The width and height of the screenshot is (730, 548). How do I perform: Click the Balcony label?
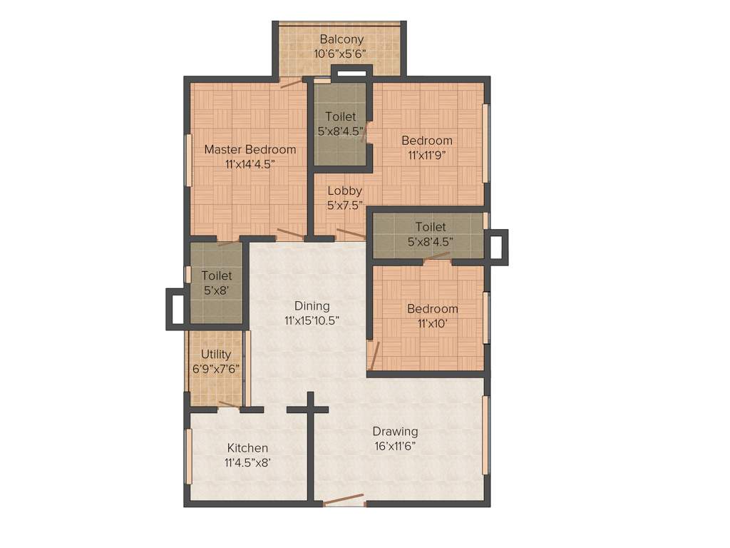pos(342,39)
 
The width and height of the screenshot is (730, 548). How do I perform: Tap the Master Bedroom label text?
pos(250,149)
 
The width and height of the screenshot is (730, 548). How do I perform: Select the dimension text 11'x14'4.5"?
pos(250,163)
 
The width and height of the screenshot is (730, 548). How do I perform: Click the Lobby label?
pos(345,191)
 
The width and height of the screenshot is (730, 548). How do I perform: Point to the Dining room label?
pos(312,306)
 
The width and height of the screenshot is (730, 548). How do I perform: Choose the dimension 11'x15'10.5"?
pos(312,320)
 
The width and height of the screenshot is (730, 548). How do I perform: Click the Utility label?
pos(215,354)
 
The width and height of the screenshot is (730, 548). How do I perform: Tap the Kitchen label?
pos(247,448)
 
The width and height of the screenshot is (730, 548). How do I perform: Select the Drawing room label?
pos(395,431)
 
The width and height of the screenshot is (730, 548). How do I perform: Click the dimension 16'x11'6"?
pos(395,446)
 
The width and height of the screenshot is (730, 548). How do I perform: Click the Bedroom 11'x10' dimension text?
pos(432,323)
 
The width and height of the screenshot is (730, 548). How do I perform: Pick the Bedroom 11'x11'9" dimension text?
pos(426,155)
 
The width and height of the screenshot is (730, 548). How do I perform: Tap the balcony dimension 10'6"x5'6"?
pos(342,54)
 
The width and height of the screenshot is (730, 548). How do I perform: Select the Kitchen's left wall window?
pos(188,457)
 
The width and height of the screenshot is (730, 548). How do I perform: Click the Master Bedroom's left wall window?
pos(188,160)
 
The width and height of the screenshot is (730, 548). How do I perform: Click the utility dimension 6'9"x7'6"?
pos(215,369)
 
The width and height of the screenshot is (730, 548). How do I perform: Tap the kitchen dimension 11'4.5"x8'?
pos(247,462)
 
